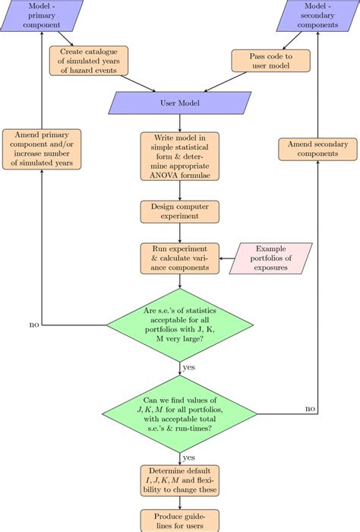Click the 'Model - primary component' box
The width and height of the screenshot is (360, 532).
point(42,15)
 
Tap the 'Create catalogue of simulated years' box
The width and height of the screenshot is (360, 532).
point(89,61)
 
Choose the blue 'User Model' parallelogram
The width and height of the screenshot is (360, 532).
point(180,103)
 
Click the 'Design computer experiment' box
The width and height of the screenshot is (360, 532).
point(180,211)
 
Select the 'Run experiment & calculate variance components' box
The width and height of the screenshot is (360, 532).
point(180,258)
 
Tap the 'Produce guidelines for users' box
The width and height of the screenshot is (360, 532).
point(180,520)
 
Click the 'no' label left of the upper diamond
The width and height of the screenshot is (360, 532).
point(34,325)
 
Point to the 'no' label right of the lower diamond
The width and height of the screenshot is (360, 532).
point(310,409)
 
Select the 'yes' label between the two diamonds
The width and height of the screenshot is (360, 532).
point(189,367)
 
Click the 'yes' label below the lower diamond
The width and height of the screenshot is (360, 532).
point(189,458)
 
